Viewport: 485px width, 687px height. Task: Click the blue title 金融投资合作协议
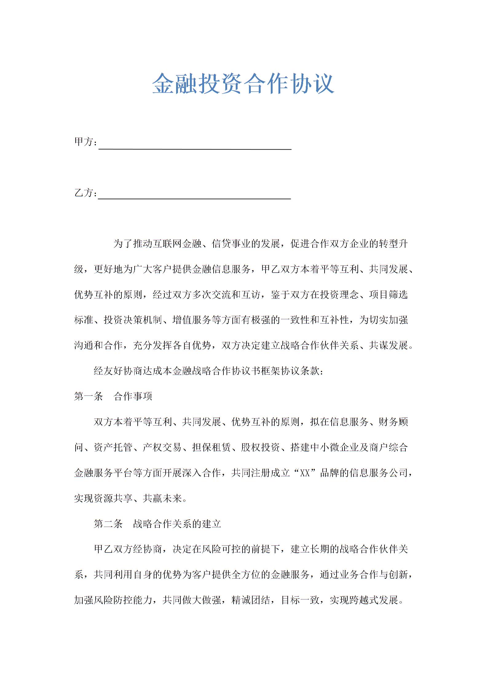point(243,84)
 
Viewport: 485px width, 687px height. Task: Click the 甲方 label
point(84,142)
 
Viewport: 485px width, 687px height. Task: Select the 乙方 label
point(84,193)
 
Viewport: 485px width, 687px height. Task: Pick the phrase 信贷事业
point(231,244)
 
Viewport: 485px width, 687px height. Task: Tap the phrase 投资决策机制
point(133,320)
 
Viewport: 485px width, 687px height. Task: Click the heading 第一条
point(89,396)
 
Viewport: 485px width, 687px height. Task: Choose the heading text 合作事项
point(133,396)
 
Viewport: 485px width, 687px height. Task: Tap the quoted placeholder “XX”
point(305,473)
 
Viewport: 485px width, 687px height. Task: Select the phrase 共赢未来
point(162,498)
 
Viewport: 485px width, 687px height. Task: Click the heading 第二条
point(108,524)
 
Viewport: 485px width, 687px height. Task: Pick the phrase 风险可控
point(221,549)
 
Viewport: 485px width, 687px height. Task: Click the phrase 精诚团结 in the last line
point(251,600)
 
